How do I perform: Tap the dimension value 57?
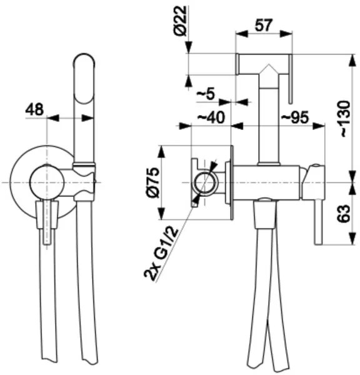tap(264, 26)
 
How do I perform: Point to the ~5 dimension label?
tap(204, 94)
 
